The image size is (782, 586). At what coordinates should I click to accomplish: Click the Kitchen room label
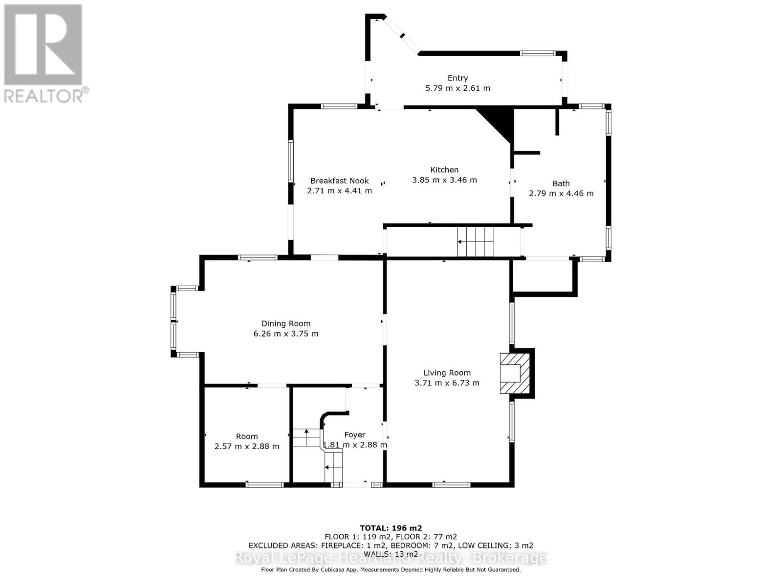pyautogui.click(x=444, y=170)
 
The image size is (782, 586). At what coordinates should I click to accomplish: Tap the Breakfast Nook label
pyautogui.click(x=339, y=181)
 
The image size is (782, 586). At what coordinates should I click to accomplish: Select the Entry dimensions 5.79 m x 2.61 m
pyautogui.click(x=457, y=88)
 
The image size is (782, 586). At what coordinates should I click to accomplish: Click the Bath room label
pyautogui.click(x=561, y=184)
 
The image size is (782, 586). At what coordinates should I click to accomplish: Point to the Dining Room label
pyautogui.click(x=286, y=323)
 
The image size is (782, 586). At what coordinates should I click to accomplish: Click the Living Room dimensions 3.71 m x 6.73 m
pyautogui.click(x=447, y=383)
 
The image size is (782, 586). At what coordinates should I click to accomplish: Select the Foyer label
pyautogui.click(x=354, y=435)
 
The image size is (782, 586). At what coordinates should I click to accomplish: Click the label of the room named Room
pyautogui.click(x=247, y=437)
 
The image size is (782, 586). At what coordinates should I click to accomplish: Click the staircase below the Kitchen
pyautogui.click(x=476, y=242)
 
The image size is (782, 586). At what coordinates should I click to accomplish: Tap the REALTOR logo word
pyautogui.click(x=43, y=95)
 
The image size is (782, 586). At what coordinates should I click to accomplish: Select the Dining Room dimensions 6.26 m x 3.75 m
pyautogui.click(x=286, y=334)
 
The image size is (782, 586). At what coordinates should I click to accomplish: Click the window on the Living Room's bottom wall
pyautogui.click(x=451, y=484)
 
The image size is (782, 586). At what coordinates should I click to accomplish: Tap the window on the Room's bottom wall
pyautogui.click(x=264, y=484)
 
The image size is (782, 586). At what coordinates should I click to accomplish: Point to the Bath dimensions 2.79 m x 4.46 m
pyautogui.click(x=561, y=193)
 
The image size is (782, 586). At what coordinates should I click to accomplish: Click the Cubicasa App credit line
pyautogui.click(x=391, y=569)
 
